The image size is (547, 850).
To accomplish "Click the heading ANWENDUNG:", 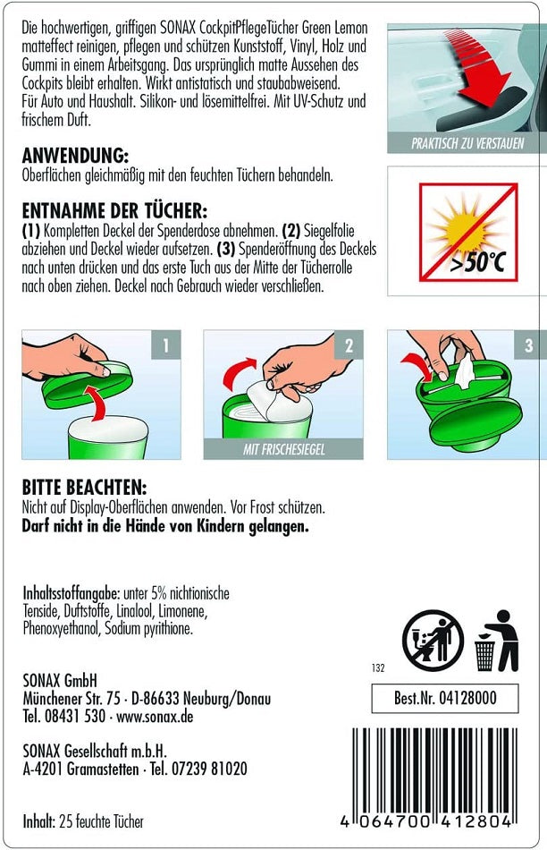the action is coord(75,156).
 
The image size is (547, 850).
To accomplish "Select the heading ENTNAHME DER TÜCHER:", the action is coord(114,210).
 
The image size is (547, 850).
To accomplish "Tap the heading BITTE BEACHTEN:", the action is coord(84,487).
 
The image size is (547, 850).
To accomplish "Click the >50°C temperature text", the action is coord(477,262).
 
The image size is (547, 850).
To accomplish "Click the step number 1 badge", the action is coord(165,344).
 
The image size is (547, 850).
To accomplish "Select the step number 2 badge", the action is coord(349,344).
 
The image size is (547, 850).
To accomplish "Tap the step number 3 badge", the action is coord(528,344).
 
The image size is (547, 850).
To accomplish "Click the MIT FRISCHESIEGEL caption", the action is coord(283,449).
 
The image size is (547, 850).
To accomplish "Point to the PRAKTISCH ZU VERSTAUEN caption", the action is coord(467,144).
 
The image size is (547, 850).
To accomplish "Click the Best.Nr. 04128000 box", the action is coord(444,698).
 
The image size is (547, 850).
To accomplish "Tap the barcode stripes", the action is coord(433,770).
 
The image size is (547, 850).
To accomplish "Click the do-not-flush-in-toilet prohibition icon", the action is coord(433,641).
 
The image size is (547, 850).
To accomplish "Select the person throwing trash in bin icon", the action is coord(497,641).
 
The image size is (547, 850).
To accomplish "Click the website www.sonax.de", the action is coord(155,717).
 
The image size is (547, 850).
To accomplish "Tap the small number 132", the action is coord(378,667).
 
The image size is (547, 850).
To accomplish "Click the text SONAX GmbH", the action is coord(60,680).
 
